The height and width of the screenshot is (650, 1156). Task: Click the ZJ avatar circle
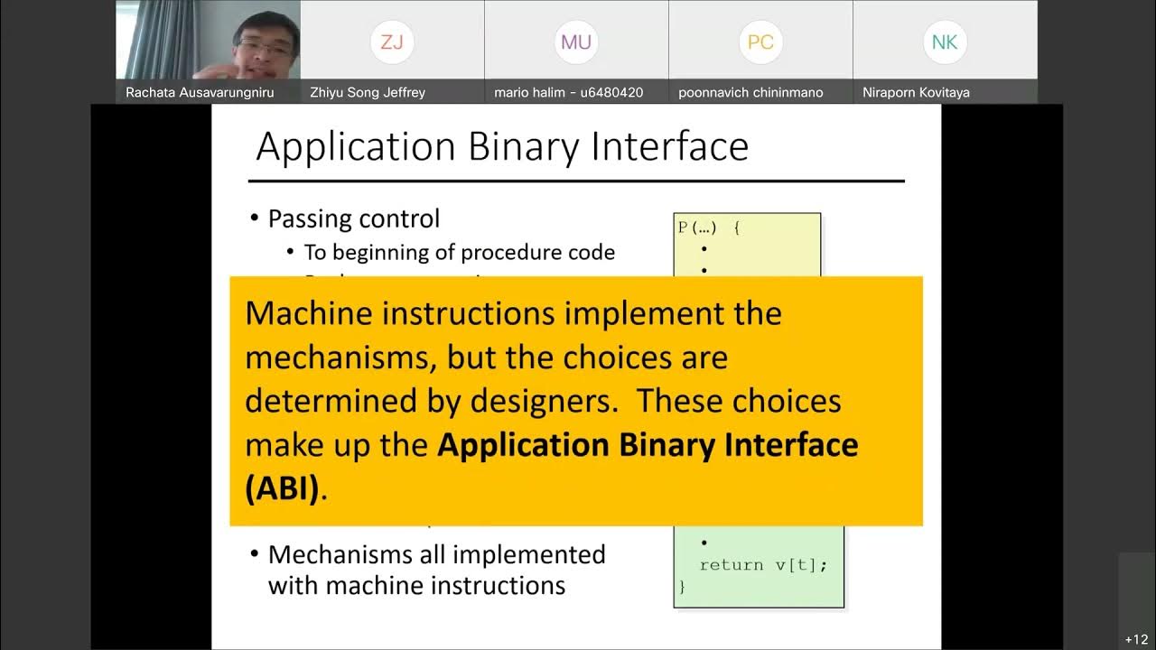coord(392,42)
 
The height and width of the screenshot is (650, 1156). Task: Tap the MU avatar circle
coord(576,42)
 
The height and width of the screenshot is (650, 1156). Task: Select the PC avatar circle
coord(760,42)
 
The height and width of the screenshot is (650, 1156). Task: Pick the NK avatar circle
coord(945,42)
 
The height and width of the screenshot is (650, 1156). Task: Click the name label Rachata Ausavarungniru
coord(200,92)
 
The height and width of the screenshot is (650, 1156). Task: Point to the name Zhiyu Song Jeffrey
coord(368,92)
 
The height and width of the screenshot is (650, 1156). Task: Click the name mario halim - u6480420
coord(569,92)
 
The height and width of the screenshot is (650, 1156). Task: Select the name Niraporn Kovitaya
coord(916,92)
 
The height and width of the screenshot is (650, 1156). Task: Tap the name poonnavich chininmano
coord(750,92)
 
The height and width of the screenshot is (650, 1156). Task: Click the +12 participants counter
coord(1136,639)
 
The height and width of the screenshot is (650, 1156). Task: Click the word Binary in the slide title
coord(522,146)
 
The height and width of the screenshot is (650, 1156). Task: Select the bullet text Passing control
coord(354,218)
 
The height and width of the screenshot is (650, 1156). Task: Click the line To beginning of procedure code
coord(460,252)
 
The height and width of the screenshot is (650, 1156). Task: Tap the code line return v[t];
coord(763,564)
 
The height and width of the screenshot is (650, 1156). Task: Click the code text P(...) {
coord(709,228)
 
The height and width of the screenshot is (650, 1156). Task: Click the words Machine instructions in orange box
coord(399,313)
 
